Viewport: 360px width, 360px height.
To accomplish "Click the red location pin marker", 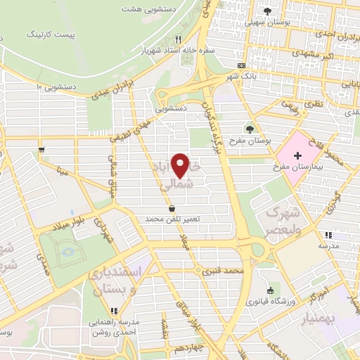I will [182, 166].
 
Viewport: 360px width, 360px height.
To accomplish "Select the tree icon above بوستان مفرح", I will [250, 129].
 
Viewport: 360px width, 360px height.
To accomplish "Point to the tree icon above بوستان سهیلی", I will [268, 11].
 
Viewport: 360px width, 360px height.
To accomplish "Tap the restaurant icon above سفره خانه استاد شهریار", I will [179, 39].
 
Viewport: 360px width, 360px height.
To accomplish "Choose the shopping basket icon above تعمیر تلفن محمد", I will [173, 208].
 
